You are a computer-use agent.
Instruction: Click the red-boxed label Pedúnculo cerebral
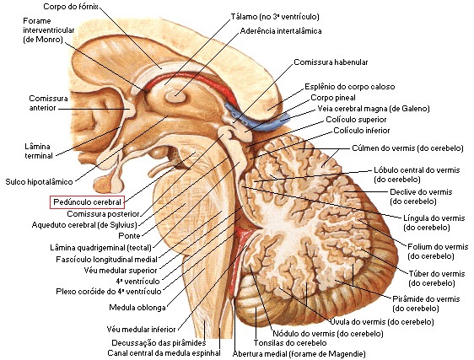click(87, 202)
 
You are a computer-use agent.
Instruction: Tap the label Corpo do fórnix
click(71, 7)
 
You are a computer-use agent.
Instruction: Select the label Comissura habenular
click(331, 62)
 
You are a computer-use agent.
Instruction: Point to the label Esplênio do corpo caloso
click(349, 87)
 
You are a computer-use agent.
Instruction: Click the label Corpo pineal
click(333, 98)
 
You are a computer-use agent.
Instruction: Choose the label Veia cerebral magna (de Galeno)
click(374, 109)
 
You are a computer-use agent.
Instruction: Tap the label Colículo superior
click(356, 120)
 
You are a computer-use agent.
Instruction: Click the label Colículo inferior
click(362, 131)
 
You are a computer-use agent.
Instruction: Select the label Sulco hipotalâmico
click(39, 182)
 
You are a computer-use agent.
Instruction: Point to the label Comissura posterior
click(103, 214)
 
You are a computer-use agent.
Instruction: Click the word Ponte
click(129, 236)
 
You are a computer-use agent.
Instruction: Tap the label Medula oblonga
click(137, 308)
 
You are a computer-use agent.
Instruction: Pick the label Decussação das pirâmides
click(159, 343)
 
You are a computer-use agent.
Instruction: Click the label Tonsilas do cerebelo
click(290, 343)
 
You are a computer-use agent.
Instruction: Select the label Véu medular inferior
click(141, 329)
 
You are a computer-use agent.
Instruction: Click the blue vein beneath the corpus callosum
click(257, 120)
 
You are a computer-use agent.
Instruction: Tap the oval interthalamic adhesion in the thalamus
click(175, 97)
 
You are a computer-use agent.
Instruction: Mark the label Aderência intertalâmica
click(281, 31)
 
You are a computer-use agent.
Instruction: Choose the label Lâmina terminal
click(39, 151)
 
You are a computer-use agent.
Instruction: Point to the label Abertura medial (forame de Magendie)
click(299, 353)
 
